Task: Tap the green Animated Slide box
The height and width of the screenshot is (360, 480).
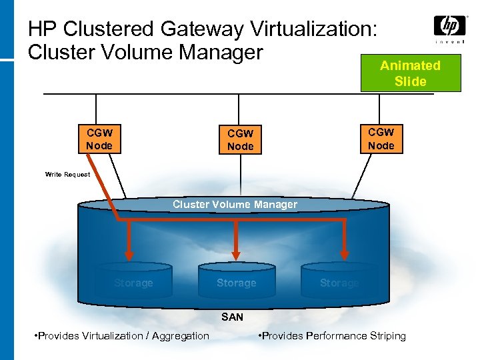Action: click(410, 73)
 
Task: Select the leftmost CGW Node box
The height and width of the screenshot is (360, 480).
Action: click(99, 139)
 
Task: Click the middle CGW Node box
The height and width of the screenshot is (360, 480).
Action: click(240, 140)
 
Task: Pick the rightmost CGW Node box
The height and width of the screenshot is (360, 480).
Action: click(381, 139)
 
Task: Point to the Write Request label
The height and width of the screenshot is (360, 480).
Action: click(67, 175)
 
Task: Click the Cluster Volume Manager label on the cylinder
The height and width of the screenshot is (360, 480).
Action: click(235, 205)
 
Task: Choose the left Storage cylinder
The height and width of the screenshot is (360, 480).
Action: click(133, 283)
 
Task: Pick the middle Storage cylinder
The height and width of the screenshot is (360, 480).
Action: click(236, 283)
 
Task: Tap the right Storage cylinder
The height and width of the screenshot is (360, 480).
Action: click(339, 283)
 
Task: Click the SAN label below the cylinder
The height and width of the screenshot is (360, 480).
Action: click(232, 317)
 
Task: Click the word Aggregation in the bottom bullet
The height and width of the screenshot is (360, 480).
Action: click(181, 336)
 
